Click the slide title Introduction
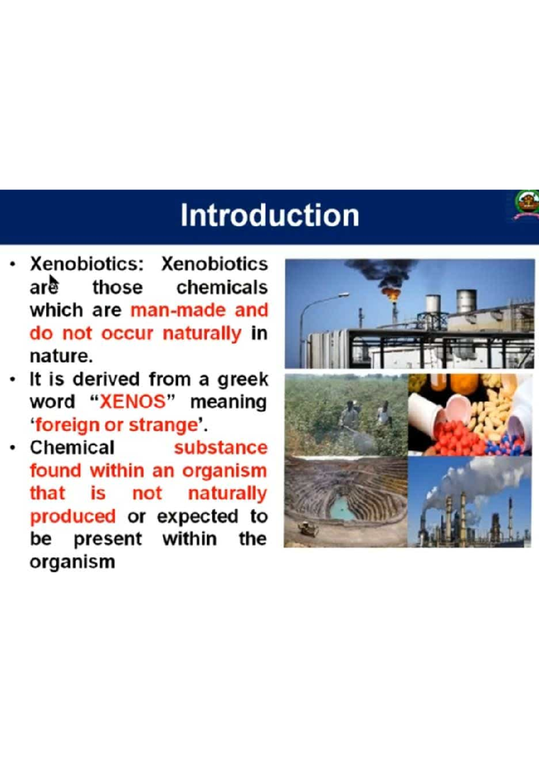[x=269, y=215]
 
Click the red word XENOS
[x=133, y=401]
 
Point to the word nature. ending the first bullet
[x=61, y=356]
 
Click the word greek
[x=243, y=380]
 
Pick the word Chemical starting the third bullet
[x=72, y=447]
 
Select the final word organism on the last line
[x=72, y=562]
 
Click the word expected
[x=197, y=516]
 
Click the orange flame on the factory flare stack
[x=392, y=294]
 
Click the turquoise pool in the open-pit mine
[x=341, y=507]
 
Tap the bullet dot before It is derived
[x=13, y=380]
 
